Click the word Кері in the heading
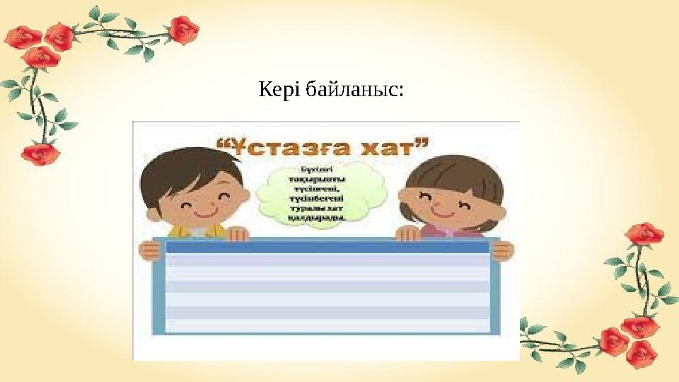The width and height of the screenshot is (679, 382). pyautogui.click(x=277, y=91)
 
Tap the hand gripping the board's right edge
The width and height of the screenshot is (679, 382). pyautogui.click(x=501, y=250)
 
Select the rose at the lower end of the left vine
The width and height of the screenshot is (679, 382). pyautogui.click(x=40, y=153)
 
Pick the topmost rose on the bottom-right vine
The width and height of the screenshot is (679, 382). pyautogui.click(x=643, y=234)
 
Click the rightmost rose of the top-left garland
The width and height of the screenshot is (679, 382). pyautogui.click(x=184, y=30)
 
